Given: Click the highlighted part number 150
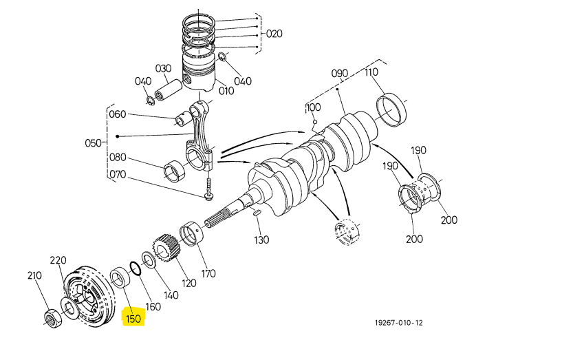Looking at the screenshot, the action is pos(133,319).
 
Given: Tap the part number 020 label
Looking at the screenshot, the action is pos(274,34).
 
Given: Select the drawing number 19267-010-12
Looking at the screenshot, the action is pos(399,323).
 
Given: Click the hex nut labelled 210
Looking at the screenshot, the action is pos(53,319).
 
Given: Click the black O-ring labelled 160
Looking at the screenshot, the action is pos(136,268).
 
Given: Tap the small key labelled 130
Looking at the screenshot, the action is pos(257,213).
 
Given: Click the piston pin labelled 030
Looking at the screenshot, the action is pos(169,91).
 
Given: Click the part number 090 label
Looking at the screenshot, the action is pos(340,74).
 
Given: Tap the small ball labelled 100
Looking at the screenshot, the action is pos(315,122).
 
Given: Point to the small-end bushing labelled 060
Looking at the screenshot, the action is pos(183,118).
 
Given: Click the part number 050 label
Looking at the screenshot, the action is pos(93,143).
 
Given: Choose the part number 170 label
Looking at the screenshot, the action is pos(208,274).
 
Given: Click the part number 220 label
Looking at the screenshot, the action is pos(58,260).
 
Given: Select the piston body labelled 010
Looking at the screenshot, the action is pos(199,71).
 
